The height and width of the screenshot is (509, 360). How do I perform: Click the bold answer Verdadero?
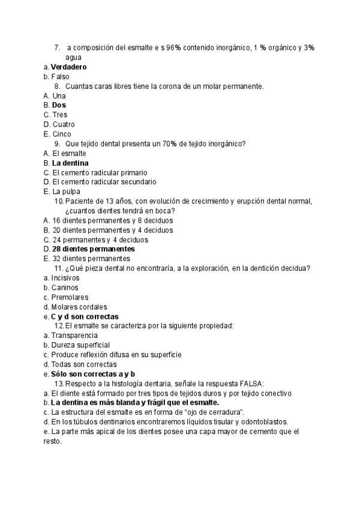pos(68,67)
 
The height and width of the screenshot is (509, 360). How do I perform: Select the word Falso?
pos(60,77)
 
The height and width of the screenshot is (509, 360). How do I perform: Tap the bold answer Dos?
pos(59,105)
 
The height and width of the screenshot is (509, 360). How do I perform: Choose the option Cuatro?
pos(64,124)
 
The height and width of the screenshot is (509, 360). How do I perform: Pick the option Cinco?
pos(61,134)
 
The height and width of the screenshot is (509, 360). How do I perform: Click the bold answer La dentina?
pos(70,163)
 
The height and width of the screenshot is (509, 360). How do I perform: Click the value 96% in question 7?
pos(173,47)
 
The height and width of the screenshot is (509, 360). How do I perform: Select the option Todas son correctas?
pos(83,364)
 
